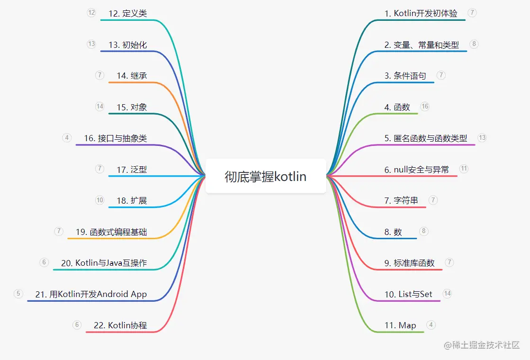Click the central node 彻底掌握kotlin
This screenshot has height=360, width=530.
click(265, 176)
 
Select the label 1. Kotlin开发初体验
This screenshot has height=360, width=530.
click(421, 14)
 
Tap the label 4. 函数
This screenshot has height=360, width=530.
click(397, 108)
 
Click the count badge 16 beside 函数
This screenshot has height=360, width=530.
click(424, 107)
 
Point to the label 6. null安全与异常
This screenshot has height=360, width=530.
click(416, 170)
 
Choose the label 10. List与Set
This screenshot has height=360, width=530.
click(408, 294)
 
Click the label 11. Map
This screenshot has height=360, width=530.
click(400, 325)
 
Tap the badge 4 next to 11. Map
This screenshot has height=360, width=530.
click(431, 325)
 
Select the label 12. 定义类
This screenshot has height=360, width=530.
click(127, 14)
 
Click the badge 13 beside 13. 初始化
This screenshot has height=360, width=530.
click(91, 44)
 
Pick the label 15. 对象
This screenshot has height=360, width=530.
click(132, 108)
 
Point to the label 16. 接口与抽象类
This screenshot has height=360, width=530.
click(116, 138)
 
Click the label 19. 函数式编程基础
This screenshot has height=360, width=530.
click(111, 232)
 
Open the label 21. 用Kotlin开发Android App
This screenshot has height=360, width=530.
click(91, 294)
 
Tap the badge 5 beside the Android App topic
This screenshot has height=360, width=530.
click(18, 294)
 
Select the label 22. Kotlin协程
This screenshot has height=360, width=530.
click(120, 325)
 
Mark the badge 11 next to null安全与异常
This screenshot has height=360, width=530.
click(464, 169)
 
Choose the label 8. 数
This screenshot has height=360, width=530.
click(393, 232)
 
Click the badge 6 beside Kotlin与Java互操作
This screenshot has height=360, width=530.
click(44, 262)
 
